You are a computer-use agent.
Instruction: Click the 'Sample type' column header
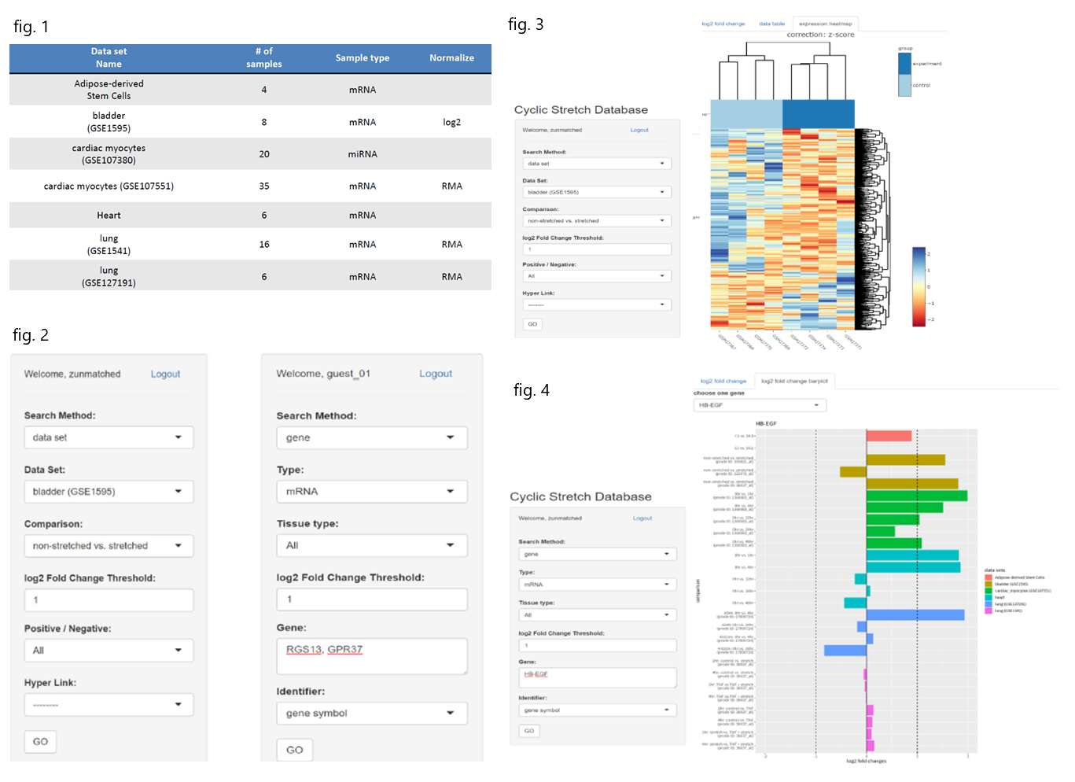362,58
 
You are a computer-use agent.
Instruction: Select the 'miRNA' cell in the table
362,154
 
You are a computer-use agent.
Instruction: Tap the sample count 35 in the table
264,186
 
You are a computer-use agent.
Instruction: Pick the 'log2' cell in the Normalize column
451,123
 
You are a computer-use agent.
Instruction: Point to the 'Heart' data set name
109,216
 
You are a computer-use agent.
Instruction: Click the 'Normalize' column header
451,58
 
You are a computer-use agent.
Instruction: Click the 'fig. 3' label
525,24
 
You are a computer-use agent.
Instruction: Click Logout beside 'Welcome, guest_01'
435,374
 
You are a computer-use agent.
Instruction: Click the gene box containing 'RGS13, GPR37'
371,655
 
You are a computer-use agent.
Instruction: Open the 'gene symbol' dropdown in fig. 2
371,713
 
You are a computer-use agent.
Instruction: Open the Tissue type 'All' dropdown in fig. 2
371,545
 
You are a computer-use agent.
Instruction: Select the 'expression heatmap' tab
825,24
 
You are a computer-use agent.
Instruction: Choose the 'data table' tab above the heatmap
771,24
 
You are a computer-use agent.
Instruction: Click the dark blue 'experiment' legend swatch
904,64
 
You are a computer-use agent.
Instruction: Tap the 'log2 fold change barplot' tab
794,381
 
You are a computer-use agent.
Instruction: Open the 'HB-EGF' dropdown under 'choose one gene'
759,405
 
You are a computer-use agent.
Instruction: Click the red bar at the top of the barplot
889,436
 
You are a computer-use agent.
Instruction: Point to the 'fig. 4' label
531,390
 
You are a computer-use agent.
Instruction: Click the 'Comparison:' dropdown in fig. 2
109,545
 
